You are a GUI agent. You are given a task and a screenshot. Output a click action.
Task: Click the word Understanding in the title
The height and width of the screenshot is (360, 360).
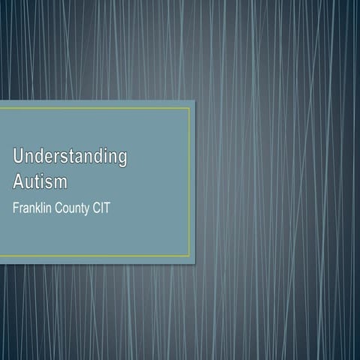[x=70, y=157]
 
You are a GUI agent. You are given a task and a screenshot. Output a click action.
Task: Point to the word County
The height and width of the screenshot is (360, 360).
[x=79, y=208]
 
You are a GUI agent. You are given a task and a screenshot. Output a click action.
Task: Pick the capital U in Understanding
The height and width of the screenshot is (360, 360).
[x=19, y=157]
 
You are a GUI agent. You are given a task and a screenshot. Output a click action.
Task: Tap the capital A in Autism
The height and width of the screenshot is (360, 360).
[x=18, y=182]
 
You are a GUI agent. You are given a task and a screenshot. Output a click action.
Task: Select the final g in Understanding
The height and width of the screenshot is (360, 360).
[x=122, y=160]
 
